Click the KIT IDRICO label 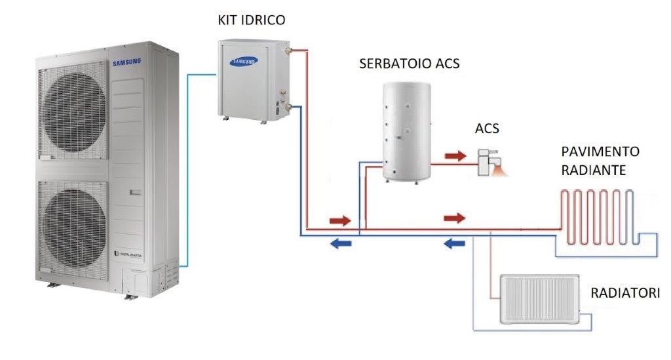(x=252, y=20)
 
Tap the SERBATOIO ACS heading (x=410, y=64)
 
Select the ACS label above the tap (x=487, y=129)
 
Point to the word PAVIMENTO (x=600, y=152)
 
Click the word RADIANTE (x=594, y=170)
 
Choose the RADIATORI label (x=625, y=292)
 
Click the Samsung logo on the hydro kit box (x=243, y=61)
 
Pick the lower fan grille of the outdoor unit (x=73, y=230)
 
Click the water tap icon (x=489, y=160)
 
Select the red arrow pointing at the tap (x=453, y=156)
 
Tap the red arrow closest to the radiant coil (x=454, y=217)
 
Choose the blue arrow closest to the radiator (x=455, y=245)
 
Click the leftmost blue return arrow (x=339, y=245)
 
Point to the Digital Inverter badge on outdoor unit (x=131, y=252)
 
